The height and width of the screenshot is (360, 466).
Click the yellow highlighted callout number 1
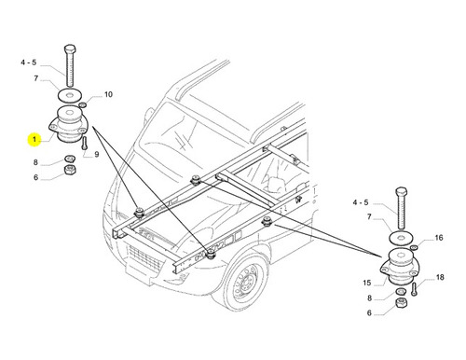point(34,140)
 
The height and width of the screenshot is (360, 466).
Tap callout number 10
point(108,94)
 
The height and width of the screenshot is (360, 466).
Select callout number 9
point(97,154)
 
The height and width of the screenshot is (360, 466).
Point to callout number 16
point(438,238)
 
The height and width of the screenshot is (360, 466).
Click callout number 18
point(440,277)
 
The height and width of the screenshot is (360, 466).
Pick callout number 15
point(367,283)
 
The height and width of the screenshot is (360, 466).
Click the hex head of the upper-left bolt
point(71,49)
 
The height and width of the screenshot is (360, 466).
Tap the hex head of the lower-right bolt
point(402,191)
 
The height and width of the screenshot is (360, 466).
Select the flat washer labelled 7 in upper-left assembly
point(70,94)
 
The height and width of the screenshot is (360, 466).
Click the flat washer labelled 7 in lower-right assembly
point(401,238)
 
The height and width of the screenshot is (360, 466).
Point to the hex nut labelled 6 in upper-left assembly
point(70,170)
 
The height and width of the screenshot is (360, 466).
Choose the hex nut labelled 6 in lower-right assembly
point(402,303)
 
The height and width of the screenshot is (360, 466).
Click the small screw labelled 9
point(84,144)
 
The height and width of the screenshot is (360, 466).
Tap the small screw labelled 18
point(415,289)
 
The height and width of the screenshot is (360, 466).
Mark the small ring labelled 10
point(83,104)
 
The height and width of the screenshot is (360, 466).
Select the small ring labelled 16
point(414,247)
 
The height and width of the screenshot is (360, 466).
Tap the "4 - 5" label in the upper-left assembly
point(29,62)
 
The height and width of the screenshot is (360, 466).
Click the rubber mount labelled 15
point(400,267)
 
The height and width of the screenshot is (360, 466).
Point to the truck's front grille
point(145,257)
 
